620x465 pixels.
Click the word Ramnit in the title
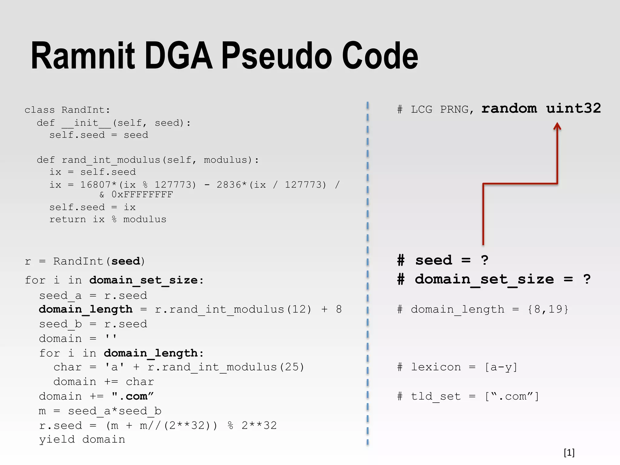pos(83,56)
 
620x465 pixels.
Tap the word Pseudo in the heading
pos(277,56)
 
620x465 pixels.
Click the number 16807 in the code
pos(95,185)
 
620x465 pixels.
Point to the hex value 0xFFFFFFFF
pos(142,195)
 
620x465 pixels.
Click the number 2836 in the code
pos(229,185)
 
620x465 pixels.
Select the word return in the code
pos(68,219)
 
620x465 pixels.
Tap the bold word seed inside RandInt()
pos(125,261)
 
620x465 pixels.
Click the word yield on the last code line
pos(57,440)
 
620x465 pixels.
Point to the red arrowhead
pos(557,126)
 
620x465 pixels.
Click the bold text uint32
pos(573,108)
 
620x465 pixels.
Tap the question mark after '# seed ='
pos(484,260)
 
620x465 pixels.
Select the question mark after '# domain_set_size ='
pos(587,279)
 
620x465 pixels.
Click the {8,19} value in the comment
pos(548,309)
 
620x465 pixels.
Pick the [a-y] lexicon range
pos(501,367)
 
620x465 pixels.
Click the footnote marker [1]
pos(569,453)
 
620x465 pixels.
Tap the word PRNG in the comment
pos(454,110)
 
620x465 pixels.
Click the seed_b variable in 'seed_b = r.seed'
pos(61,324)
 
